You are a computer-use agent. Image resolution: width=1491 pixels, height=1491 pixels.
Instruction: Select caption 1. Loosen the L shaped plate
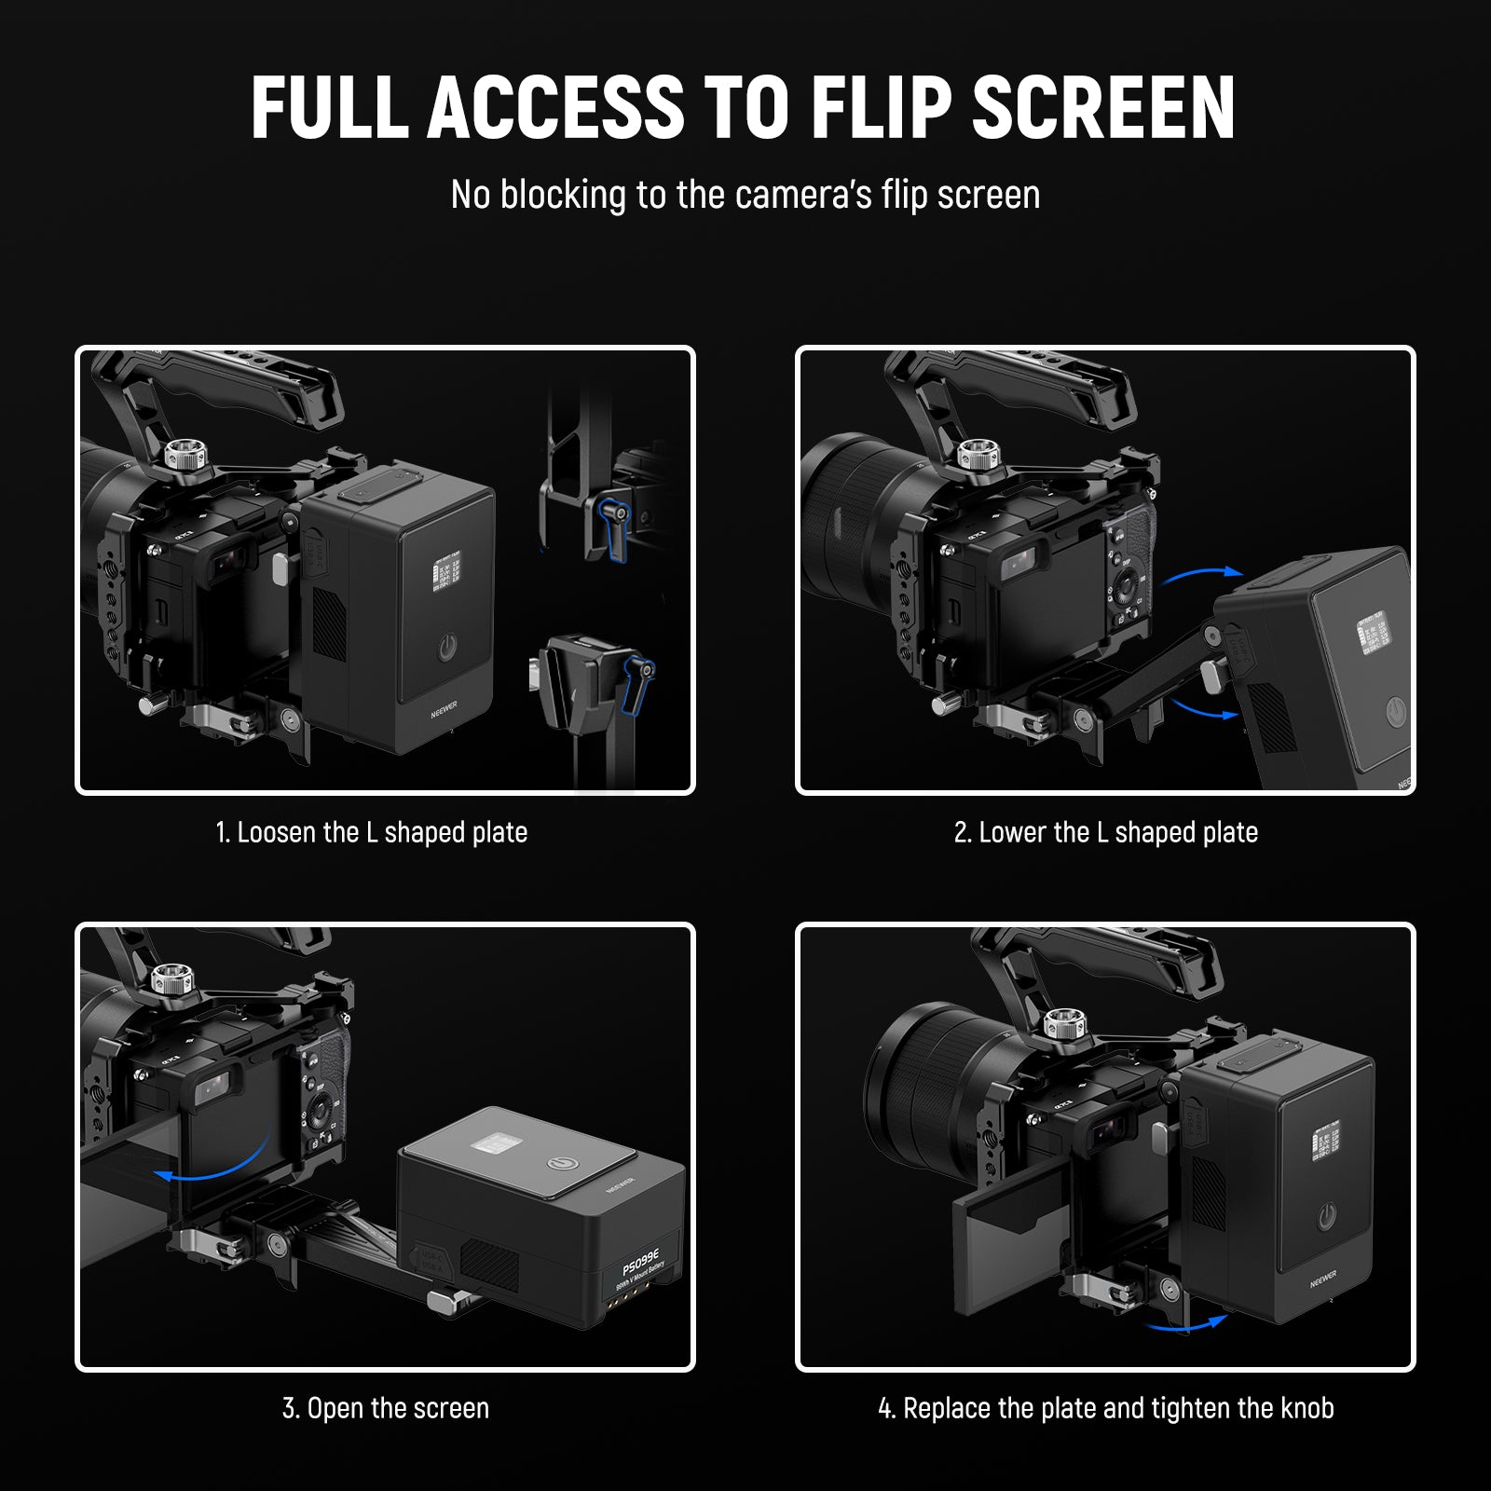(x=371, y=832)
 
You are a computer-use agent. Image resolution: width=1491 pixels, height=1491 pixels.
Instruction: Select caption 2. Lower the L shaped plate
(x=1105, y=832)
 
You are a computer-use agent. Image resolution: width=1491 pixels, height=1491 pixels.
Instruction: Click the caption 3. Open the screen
(x=385, y=1408)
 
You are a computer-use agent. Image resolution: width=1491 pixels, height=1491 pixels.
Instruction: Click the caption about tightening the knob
(x=1105, y=1408)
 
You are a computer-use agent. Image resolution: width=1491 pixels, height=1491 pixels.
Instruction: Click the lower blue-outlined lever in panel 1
(x=638, y=682)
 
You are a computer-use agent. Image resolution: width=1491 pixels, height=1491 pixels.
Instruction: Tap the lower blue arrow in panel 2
(x=1202, y=708)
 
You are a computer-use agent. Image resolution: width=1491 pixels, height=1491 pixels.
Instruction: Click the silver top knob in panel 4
(x=1060, y=1023)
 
